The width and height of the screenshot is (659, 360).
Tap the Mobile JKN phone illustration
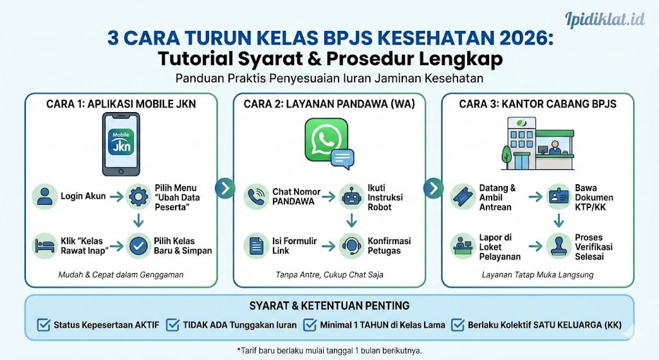[121, 144]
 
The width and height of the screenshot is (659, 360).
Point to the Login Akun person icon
[44, 196]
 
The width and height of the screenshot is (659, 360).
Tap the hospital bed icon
[44, 245]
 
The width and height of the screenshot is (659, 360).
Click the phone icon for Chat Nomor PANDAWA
[255, 196]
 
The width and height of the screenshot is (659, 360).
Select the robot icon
[349, 196]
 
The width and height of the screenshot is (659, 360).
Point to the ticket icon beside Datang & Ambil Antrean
[463, 196]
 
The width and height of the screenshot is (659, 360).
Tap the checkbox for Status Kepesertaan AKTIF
[44, 325]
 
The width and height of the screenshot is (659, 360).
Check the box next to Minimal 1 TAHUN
[310, 325]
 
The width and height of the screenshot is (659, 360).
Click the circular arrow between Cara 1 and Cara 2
[225, 188]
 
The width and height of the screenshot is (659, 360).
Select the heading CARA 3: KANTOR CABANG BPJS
[537, 103]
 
